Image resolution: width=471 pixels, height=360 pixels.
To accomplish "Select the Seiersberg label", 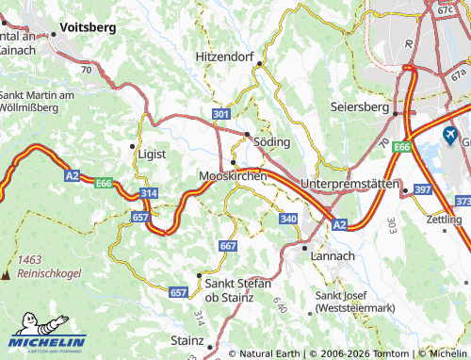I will pos(360,107).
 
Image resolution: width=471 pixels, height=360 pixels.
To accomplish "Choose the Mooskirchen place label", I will pos(233,175).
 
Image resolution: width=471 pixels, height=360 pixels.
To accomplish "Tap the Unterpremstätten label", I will pos(349,183).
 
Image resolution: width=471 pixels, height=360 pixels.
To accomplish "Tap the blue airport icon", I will pos(449,137).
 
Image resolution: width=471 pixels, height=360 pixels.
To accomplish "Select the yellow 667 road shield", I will pos(227,245).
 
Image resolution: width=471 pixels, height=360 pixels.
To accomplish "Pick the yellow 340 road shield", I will pos(289,218).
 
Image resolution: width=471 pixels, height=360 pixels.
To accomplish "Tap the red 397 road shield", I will pos(422,190).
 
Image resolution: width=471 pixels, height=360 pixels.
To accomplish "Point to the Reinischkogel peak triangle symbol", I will pos(8,274).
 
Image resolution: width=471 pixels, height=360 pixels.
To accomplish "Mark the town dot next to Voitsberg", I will pos(54,34).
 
